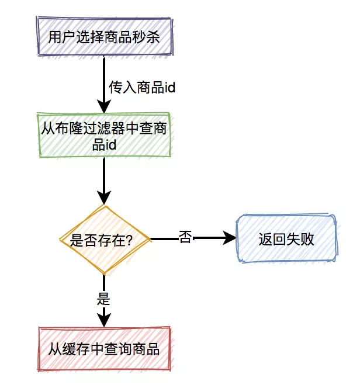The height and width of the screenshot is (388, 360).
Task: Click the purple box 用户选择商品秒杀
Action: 104,37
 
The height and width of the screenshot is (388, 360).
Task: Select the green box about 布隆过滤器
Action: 104,135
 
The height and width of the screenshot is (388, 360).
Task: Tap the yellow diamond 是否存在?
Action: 104,240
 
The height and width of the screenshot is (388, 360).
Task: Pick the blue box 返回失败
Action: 286,240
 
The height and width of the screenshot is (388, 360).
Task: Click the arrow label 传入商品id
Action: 142,88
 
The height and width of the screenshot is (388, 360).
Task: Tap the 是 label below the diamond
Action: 103,300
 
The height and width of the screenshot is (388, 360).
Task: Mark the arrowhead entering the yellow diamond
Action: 104,198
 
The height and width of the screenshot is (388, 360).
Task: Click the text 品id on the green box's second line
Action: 103,145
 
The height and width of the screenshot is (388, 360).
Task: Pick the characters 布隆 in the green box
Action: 71,128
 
